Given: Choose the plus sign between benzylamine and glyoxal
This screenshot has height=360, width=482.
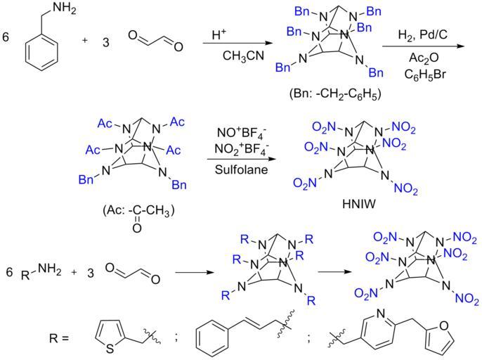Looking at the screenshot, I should click(x=85, y=41).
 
